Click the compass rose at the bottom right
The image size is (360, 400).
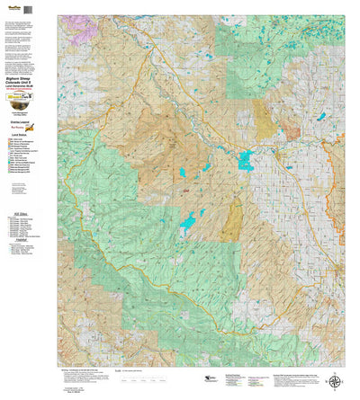coord(335,381)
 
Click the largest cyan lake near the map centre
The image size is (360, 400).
coord(245,161)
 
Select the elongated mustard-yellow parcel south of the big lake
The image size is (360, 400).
coord(233,219)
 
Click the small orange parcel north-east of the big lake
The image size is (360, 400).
coord(292,136)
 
